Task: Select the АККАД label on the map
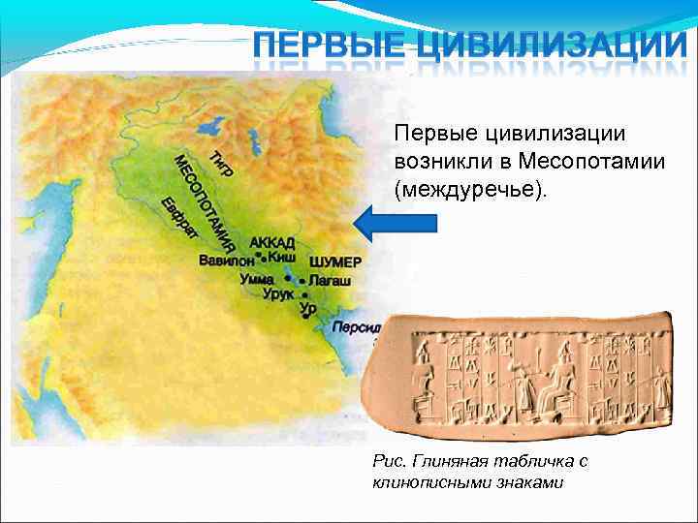pos(272,243)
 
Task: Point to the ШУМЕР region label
pos(335,262)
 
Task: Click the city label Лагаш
pos(331,279)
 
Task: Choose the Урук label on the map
pos(278,293)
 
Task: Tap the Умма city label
pos(258,278)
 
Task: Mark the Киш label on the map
pos(282,260)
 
